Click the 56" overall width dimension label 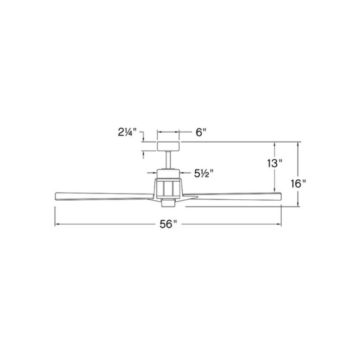pos(168,224)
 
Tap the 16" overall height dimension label pos(298,184)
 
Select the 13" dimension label pos(274,163)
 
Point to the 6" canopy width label pos(201,132)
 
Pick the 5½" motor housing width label pos(204,173)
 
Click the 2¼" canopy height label pos(127,132)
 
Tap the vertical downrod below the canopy pos(168,160)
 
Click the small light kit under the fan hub pos(168,203)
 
